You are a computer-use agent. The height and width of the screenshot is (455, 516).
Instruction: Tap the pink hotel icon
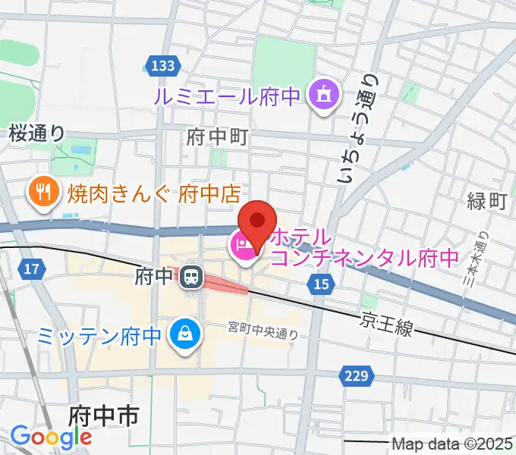click(242, 244)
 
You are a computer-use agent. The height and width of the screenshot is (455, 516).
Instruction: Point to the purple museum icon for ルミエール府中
click(323, 96)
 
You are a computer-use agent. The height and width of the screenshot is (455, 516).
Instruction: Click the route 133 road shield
click(162, 67)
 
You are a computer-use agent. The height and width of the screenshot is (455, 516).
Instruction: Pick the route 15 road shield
click(320, 283)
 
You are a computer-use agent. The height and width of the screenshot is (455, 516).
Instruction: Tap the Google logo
click(51, 436)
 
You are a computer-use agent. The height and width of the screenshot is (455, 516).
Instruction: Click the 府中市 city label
click(103, 416)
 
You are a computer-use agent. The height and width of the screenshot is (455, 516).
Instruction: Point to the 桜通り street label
click(37, 133)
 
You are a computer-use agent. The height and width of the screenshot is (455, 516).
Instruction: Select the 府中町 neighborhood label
click(218, 137)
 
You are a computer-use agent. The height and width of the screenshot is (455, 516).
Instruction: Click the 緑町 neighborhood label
click(486, 201)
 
